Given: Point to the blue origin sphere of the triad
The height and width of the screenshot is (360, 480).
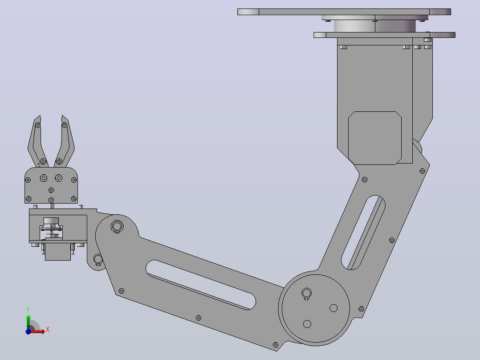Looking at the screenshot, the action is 28,331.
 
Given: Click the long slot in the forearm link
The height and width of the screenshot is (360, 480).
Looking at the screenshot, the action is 201,285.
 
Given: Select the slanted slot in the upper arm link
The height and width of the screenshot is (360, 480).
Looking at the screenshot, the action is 363,233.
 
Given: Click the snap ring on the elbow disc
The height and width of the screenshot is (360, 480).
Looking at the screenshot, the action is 306,294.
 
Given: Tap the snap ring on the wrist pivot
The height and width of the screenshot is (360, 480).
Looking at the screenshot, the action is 117,227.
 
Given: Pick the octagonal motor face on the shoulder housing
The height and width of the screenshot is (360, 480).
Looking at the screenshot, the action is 375,138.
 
